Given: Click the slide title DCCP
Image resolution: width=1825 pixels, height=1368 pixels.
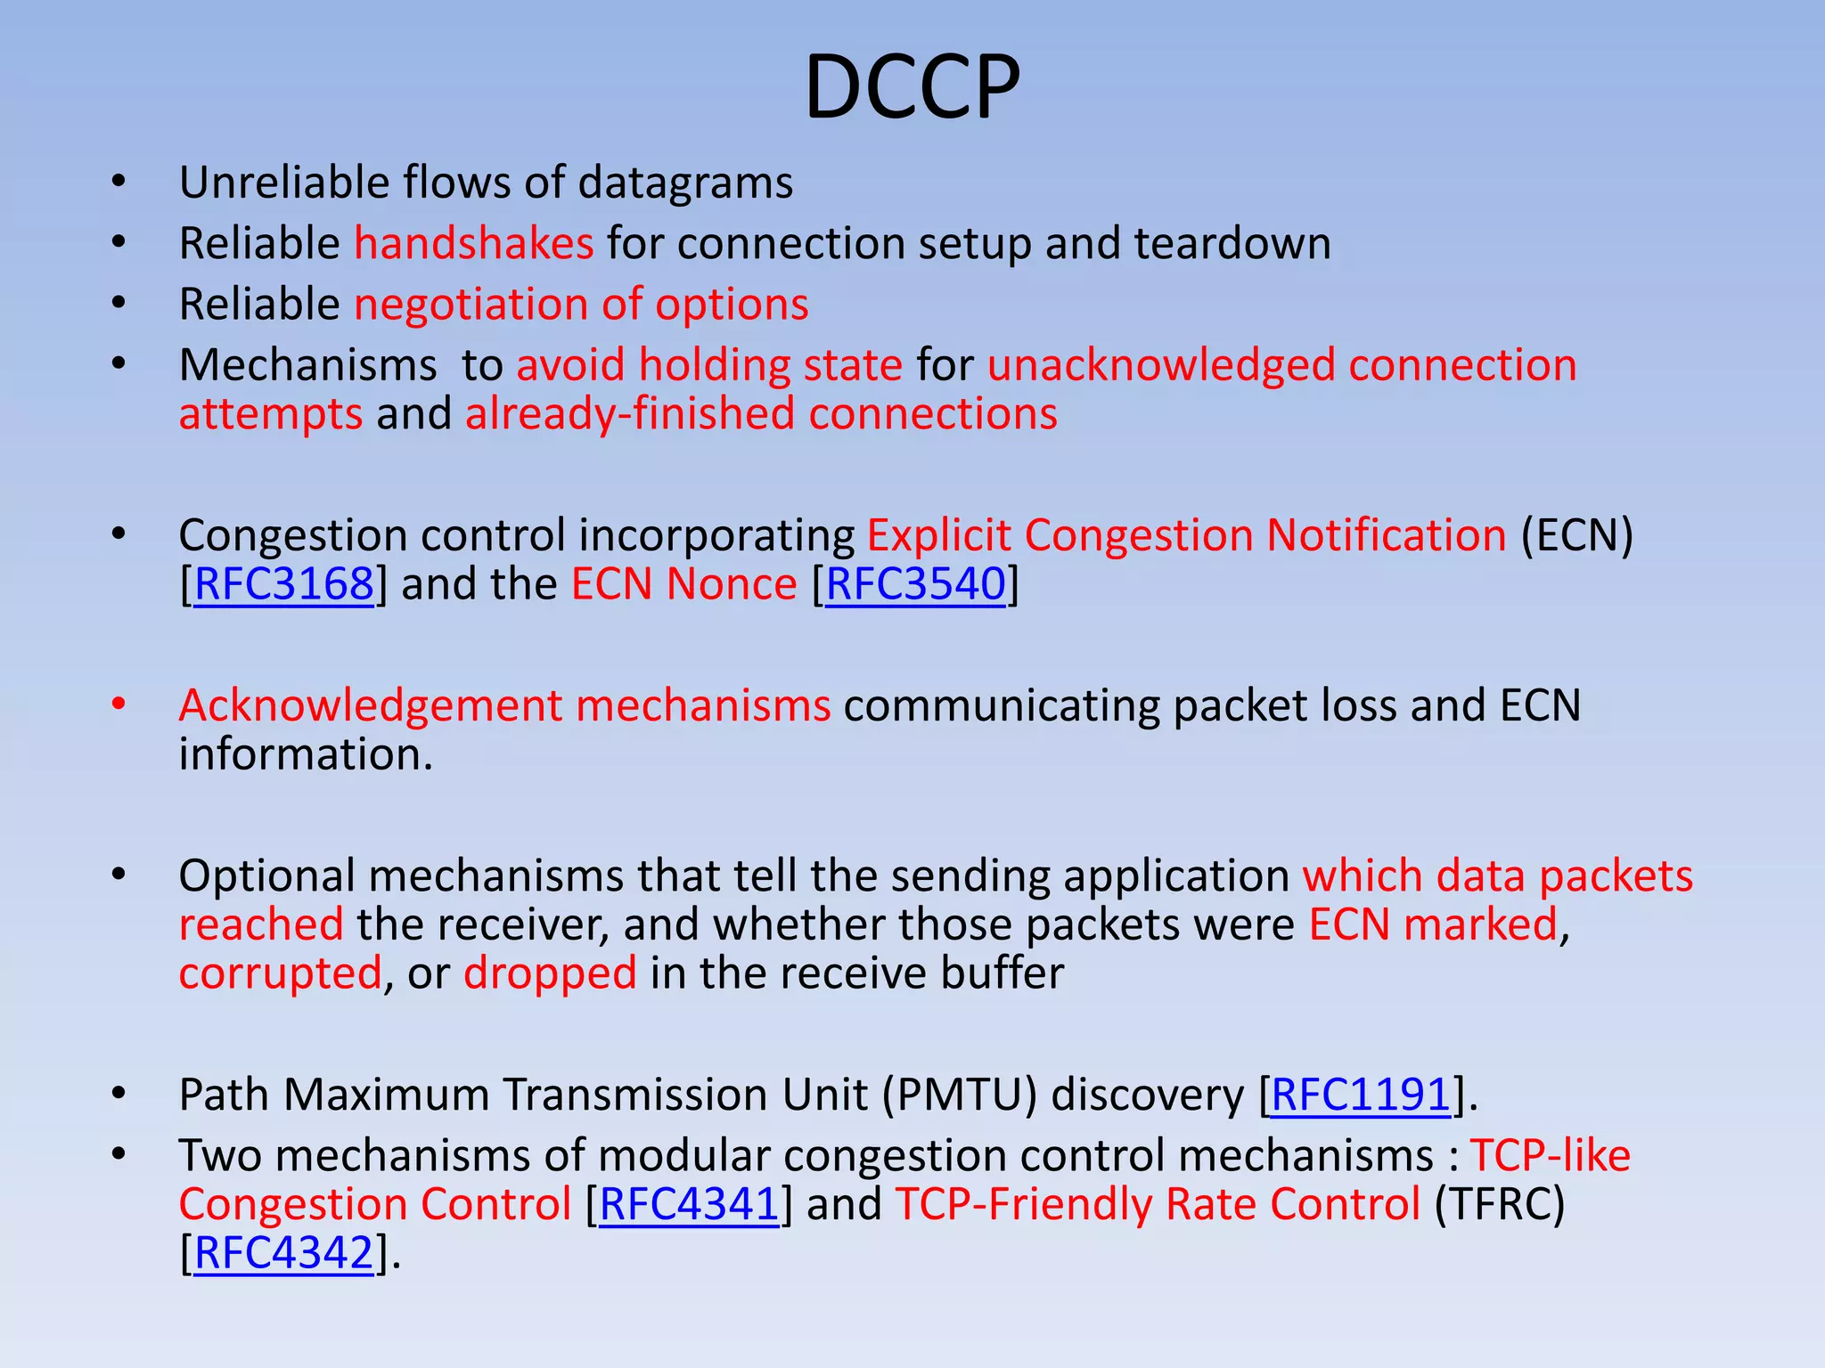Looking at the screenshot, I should [912, 87].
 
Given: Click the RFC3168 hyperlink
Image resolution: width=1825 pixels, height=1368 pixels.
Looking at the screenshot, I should [283, 584].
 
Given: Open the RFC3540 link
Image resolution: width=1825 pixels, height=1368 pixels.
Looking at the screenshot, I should [915, 584].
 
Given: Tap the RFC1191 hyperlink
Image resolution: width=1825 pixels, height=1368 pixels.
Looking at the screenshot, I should [1361, 1095].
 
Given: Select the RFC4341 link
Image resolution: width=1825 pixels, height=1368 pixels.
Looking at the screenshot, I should [689, 1204].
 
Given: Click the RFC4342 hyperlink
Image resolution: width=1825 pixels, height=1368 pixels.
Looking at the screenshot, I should [283, 1253].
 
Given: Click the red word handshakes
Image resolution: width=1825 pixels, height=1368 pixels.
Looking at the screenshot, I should [474, 243].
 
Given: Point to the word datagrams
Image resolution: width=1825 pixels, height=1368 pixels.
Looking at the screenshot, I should [685, 183].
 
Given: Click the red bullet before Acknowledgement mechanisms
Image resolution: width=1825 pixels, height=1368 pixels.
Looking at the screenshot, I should [119, 704].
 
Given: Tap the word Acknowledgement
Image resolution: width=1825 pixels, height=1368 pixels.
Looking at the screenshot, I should [371, 705].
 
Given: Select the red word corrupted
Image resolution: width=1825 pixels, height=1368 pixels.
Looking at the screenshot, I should [280, 973].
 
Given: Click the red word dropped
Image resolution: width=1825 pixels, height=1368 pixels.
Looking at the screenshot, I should [550, 973].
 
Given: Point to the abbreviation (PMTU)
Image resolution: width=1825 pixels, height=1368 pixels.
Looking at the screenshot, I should [960, 1095].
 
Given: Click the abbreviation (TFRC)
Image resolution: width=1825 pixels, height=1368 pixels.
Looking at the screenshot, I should [1500, 1204].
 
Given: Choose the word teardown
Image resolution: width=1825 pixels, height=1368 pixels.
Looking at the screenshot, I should [1232, 243].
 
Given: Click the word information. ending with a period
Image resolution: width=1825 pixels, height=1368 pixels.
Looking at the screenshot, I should [305, 754].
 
